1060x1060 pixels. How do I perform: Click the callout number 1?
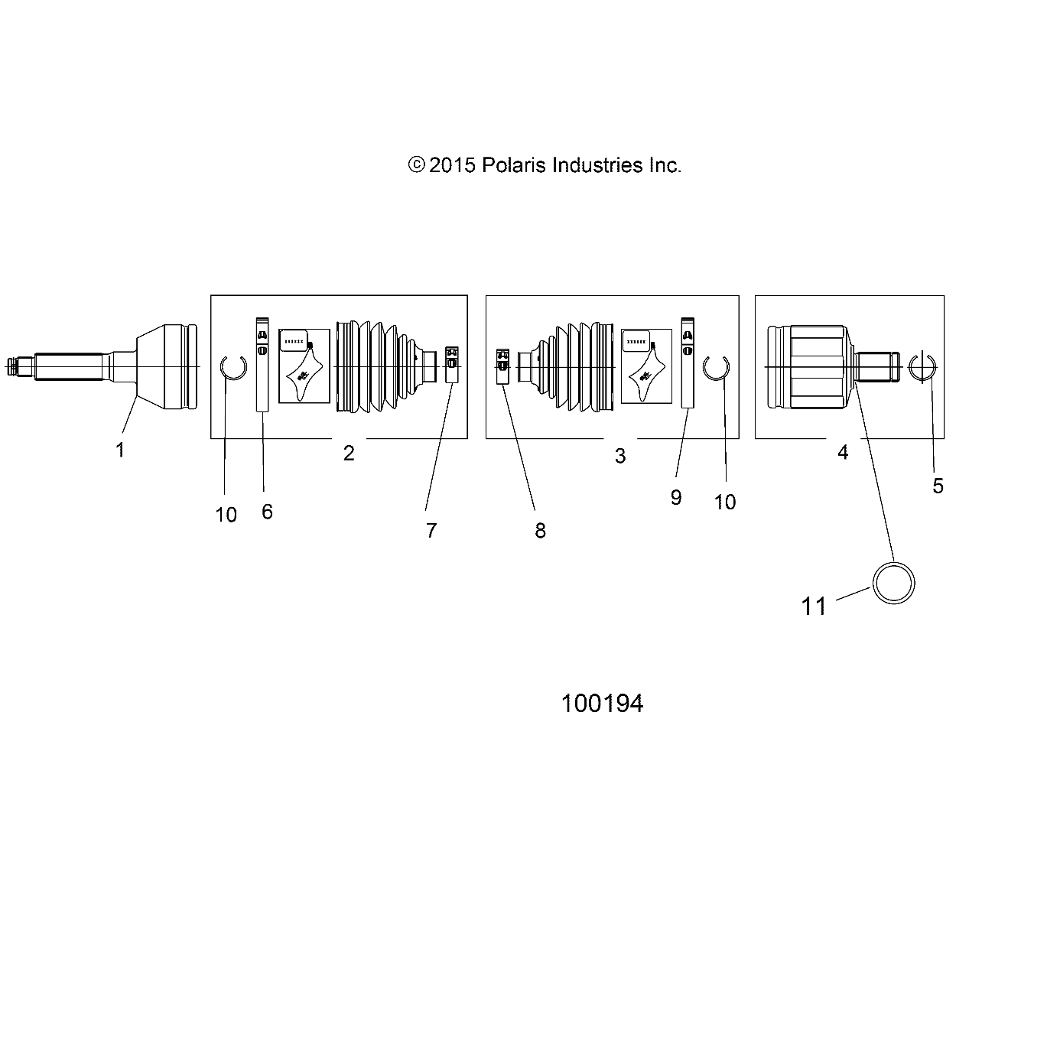coord(120,450)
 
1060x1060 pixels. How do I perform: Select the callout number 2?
coord(349,454)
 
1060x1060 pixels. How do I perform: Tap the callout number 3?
coord(620,457)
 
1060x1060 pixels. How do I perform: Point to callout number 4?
coord(843,453)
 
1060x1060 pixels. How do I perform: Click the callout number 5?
coord(938,486)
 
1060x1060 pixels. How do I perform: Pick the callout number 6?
coord(267,512)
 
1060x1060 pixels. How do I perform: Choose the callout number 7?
coord(431,530)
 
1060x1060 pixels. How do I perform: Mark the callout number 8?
coord(540,531)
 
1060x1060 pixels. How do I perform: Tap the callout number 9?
coord(676,498)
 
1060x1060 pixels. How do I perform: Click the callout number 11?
coord(814,606)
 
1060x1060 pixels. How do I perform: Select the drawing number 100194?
coord(602,704)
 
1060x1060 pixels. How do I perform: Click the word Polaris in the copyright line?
coord(513,165)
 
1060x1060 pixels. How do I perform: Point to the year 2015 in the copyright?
coord(453,165)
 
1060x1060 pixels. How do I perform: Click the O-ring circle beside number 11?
coord(894,583)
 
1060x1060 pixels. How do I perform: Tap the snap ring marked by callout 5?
coord(923,368)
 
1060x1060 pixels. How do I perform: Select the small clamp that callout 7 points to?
coord(452,364)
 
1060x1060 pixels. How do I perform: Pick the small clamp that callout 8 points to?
coord(502,365)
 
